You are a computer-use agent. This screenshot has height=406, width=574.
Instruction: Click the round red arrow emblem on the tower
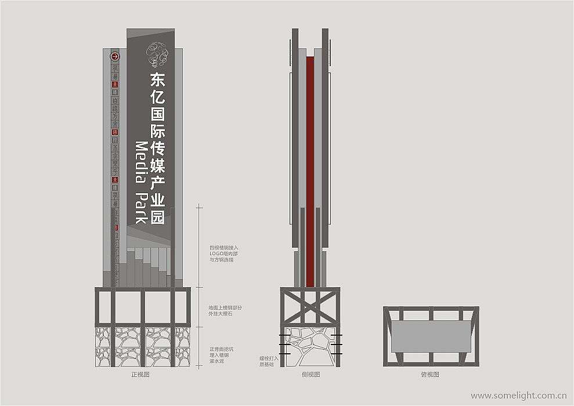coord(115,57)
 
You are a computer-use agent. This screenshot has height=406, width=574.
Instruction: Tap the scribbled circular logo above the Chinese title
coord(157,55)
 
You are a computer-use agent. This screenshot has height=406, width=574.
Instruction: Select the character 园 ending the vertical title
coord(157,217)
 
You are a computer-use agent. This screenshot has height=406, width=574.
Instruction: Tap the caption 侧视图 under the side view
coord(310,375)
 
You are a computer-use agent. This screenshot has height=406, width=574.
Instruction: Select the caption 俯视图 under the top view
coord(430,375)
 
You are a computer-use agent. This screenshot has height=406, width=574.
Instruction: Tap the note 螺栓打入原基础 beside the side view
coord(269,361)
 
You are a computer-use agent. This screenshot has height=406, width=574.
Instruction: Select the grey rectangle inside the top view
coord(430,336)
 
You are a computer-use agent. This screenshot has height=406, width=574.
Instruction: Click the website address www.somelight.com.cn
coord(518,396)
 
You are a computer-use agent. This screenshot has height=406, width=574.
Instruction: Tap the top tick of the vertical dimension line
coord(199,205)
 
